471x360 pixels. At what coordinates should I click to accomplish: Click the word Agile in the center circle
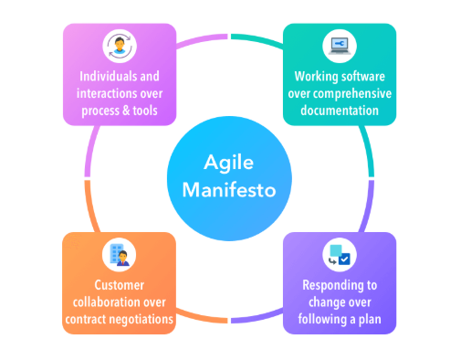tap(228, 164)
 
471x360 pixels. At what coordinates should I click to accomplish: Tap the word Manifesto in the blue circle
tap(229, 190)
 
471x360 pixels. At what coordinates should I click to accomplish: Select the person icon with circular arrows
tap(120, 46)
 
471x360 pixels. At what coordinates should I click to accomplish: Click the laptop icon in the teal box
tap(340, 46)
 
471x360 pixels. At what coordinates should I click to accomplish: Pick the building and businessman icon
tap(120, 255)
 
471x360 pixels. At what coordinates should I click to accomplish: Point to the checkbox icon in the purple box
tap(340, 255)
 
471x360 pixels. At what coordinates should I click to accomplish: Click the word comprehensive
tap(352, 94)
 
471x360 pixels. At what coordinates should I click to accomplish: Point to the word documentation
tap(340, 111)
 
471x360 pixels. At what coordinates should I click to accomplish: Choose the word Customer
tap(120, 285)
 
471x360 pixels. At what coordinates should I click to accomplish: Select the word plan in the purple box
tap(370, 320)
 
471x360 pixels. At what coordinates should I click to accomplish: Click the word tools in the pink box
tap(145, 111)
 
